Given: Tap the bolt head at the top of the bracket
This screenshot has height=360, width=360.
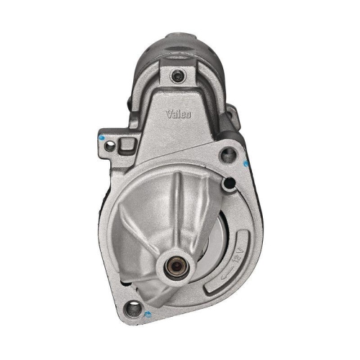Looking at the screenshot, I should (x=177, y=76).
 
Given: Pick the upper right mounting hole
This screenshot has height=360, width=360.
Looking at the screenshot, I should (x=231, y=154).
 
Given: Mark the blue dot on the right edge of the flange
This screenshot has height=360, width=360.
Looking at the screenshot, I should (x=248, y=163).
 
